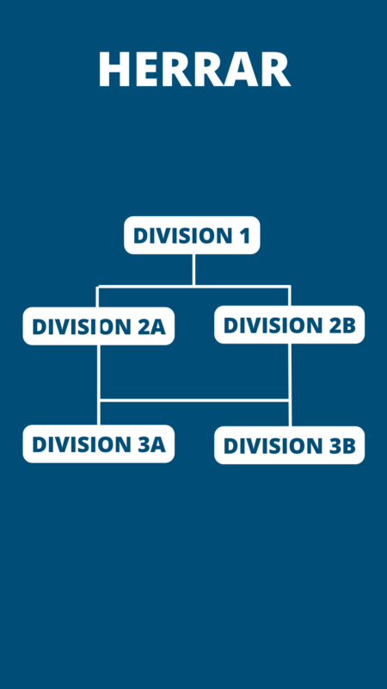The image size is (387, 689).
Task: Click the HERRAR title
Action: (194, 69)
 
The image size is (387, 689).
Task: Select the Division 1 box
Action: (192, 235)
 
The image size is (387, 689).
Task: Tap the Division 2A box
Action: (99, 326)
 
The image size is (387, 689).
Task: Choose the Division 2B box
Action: (289, 325)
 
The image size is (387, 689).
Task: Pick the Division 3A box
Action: (99, 444)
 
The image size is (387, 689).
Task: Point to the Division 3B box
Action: (289, 445)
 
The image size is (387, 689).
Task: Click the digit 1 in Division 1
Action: (244, 235)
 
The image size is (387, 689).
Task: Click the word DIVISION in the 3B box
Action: (271, 446)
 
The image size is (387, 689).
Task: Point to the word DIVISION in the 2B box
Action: (271, 326)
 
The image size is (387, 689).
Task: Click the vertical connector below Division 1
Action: (193, 270)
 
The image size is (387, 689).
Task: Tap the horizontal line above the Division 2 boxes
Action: (193, 287)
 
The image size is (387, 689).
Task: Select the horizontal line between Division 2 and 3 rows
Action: (194, 400)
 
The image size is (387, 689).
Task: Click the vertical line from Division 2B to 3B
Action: (290, 385)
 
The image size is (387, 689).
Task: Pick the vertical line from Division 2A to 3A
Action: (99, 385)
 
